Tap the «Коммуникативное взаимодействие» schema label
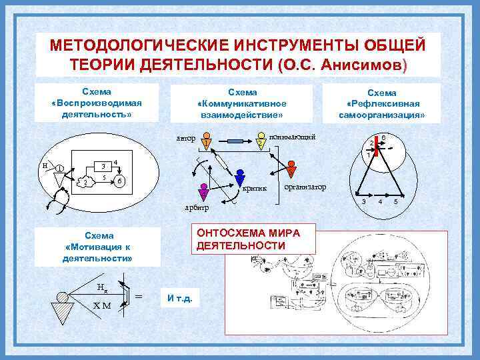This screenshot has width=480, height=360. (241, 103)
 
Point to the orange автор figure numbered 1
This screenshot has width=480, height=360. (207, 142)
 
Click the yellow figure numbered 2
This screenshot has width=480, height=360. (261, 143)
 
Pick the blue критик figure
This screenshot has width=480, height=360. (238, 181)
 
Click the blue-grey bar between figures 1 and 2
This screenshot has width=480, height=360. (234, 142)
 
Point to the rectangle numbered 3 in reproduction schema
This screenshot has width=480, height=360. (103, 166)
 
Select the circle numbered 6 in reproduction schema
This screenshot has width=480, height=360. (119, 181)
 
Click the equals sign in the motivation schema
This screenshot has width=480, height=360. (138, 295)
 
